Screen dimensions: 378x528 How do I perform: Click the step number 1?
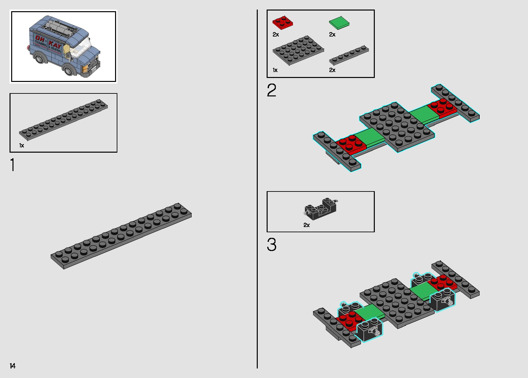(12, 165)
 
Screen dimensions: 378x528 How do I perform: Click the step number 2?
(272, 90)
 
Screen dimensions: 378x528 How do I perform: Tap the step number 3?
(272, 245)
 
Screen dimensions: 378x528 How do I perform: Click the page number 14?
(12, 366)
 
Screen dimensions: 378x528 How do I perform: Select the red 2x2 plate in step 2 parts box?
(282, 23)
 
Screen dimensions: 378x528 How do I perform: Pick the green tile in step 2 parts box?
(339, 23)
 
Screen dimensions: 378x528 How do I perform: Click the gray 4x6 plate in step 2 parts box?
(298, 50)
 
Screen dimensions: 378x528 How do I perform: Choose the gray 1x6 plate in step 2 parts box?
(349, 55)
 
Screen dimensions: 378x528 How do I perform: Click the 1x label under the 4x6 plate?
(275, 70)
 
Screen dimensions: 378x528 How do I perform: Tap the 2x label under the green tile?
(332, 35)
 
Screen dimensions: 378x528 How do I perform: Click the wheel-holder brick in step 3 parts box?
(321, 209)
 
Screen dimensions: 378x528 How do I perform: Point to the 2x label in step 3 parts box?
(306, 225)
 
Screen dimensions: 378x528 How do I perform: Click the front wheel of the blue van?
(68, 70)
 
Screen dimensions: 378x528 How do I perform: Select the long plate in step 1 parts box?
(63, 119)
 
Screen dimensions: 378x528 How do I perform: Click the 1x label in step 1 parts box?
(22, 145)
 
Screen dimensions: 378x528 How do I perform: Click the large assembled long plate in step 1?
(121, 236)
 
